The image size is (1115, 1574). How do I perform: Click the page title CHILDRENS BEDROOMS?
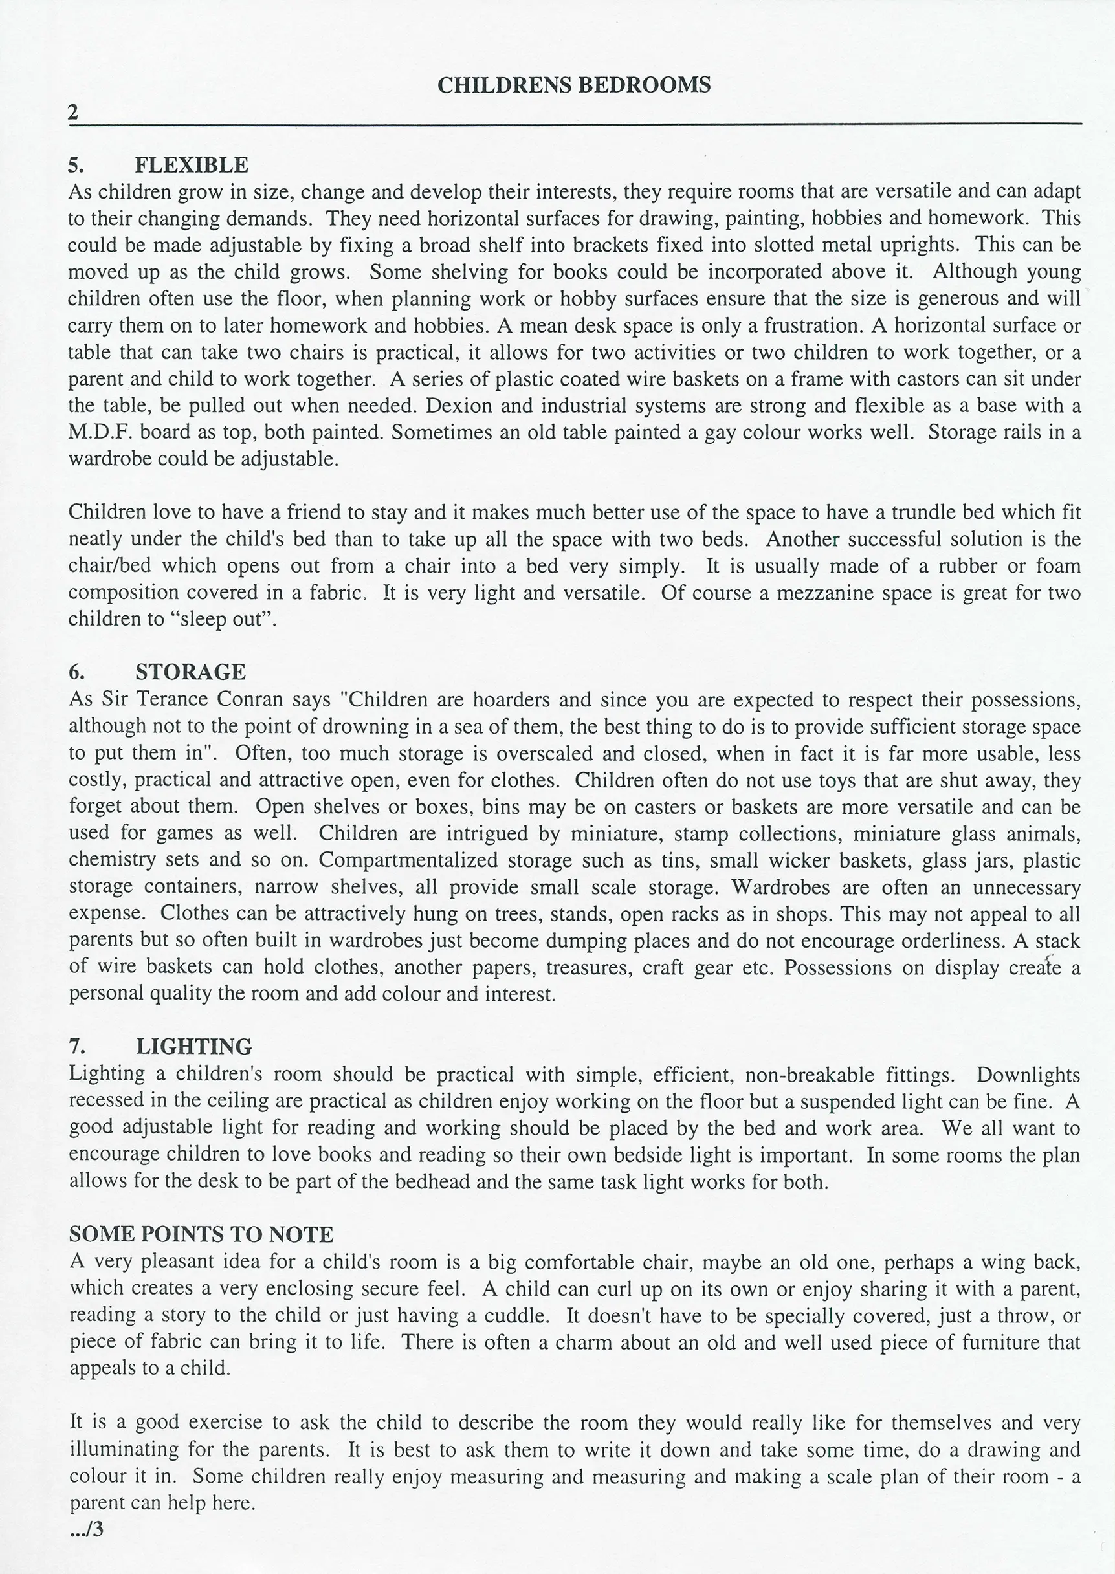tap(573, 85)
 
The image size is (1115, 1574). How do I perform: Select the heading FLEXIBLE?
tap(192, 166)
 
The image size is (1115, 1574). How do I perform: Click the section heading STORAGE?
tap(190, 672)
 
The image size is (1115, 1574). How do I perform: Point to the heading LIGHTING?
tap(193, 1046)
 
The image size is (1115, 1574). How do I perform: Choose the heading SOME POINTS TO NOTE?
tap(201, 1234)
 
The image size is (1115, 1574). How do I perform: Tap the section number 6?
tap(76, 672)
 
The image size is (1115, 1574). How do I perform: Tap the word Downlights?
tap(1028, 1075)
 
